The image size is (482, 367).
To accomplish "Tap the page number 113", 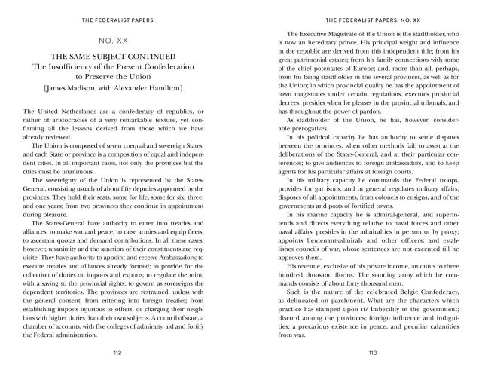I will (362, 352).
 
